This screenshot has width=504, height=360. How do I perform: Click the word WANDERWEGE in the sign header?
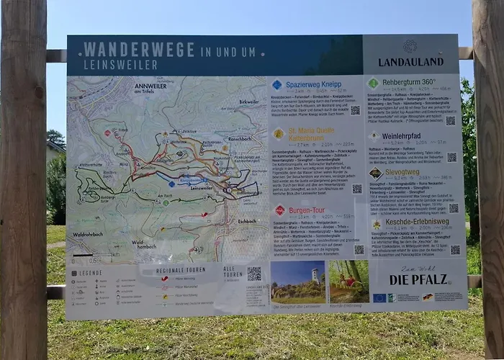[138, 50]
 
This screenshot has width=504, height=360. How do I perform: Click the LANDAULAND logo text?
[410, 63]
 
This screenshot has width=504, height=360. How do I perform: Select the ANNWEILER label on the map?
[150, 86]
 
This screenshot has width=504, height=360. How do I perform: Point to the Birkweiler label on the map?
[248, 102]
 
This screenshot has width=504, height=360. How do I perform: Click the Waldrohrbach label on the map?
[87, 235]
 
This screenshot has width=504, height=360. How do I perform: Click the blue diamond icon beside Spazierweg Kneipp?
[277, 85]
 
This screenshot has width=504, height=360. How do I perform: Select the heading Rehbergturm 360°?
[409, 82]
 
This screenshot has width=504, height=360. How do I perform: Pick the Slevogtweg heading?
[401, 172]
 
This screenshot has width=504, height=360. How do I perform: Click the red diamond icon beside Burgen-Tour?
[279, 210]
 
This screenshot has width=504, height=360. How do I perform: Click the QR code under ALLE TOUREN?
[254, 274]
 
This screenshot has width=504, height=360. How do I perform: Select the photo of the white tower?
[297, 282]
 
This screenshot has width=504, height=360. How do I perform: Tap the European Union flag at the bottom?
[379, 297]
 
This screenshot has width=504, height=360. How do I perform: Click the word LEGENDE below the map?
[91, 273]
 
